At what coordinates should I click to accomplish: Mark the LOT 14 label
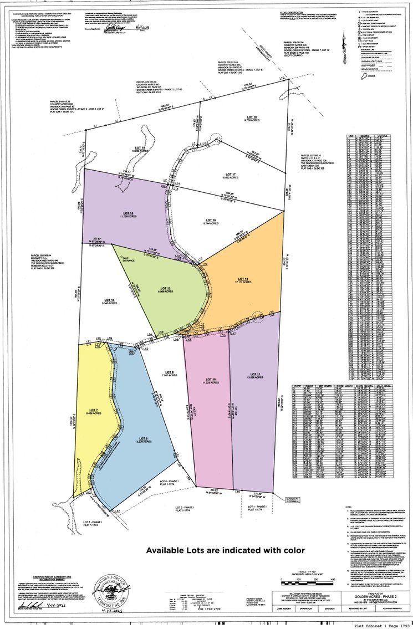tap(108, 300)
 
